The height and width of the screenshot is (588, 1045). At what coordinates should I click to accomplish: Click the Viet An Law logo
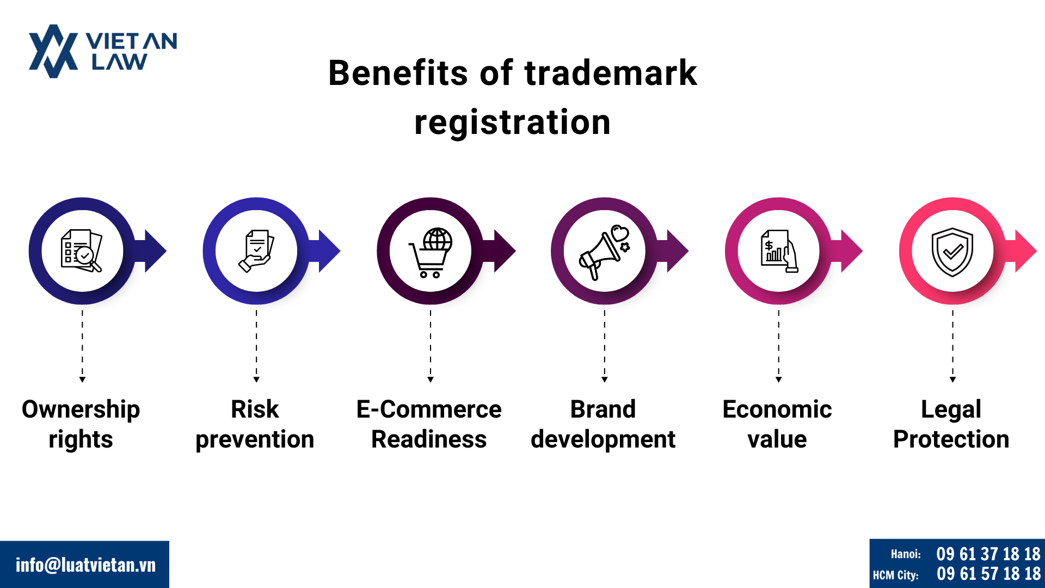[x=103, y=51]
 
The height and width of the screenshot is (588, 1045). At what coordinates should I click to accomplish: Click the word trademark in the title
[x=610, y=73]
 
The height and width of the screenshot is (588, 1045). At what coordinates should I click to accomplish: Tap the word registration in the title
[x=513, y=122]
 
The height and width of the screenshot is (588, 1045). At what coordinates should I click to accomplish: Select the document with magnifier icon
[x=81, y=250]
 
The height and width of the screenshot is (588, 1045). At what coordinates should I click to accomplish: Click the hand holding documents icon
[x=256, y=251]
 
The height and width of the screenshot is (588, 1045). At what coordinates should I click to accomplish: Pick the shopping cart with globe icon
[x=431, y=253]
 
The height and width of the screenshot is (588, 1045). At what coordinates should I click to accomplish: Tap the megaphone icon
[x=604, y=253]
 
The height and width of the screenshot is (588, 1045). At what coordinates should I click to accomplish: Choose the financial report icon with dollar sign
[x=779, y=251]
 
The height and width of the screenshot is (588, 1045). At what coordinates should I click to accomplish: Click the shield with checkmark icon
[x=952, y=252]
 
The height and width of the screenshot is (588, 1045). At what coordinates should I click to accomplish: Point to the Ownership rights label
[x=81, y=424]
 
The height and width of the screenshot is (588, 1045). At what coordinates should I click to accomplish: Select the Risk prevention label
[x=255, y=424]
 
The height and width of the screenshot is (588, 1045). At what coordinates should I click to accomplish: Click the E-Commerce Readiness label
[x=429, y=424]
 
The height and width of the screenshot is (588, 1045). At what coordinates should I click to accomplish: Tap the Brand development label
[x=603, y=424]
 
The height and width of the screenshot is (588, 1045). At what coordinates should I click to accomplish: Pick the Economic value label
[x=777, y=424]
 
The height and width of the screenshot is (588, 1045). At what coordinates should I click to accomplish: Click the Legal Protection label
[x=951, y=424]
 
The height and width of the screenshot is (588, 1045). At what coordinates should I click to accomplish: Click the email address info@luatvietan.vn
[x=85, y=565]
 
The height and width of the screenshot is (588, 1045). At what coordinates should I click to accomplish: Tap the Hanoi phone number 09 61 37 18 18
[x=988, y=554]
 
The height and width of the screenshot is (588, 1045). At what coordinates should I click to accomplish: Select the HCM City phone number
[x=988, y=574]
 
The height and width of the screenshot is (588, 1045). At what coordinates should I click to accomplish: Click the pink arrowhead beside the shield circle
[x=1025, y=251]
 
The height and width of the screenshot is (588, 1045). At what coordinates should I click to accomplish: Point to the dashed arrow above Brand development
[x=604, y=346]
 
